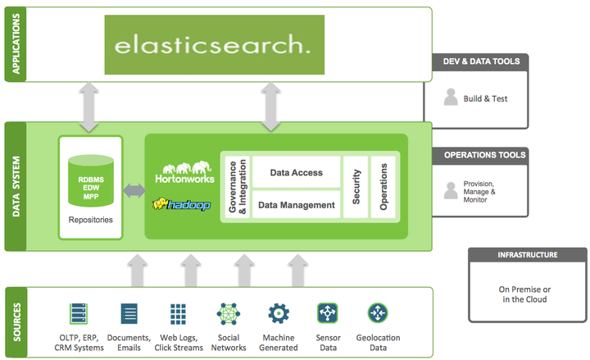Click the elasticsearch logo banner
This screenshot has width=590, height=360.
point(213,44)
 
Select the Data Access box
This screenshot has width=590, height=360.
point(296,173)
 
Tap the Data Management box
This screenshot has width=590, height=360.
point(296,205)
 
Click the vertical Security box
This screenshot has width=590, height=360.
point(356,188)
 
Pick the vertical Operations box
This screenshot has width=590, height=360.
point(383,188)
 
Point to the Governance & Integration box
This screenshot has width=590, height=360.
point(235,188)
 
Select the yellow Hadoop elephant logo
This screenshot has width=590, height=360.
point(182,203)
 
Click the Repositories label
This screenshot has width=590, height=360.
point(90,220)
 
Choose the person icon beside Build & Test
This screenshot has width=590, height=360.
point(450,98)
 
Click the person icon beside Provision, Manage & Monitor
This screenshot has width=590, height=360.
point(450,190)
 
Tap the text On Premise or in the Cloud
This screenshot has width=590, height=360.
point(524,294)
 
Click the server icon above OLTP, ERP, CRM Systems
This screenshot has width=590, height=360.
point(79,314)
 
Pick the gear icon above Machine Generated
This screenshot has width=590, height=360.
point(279,313)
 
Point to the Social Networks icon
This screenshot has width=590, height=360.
point(228,314)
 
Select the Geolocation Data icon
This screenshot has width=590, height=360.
point(378,313)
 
